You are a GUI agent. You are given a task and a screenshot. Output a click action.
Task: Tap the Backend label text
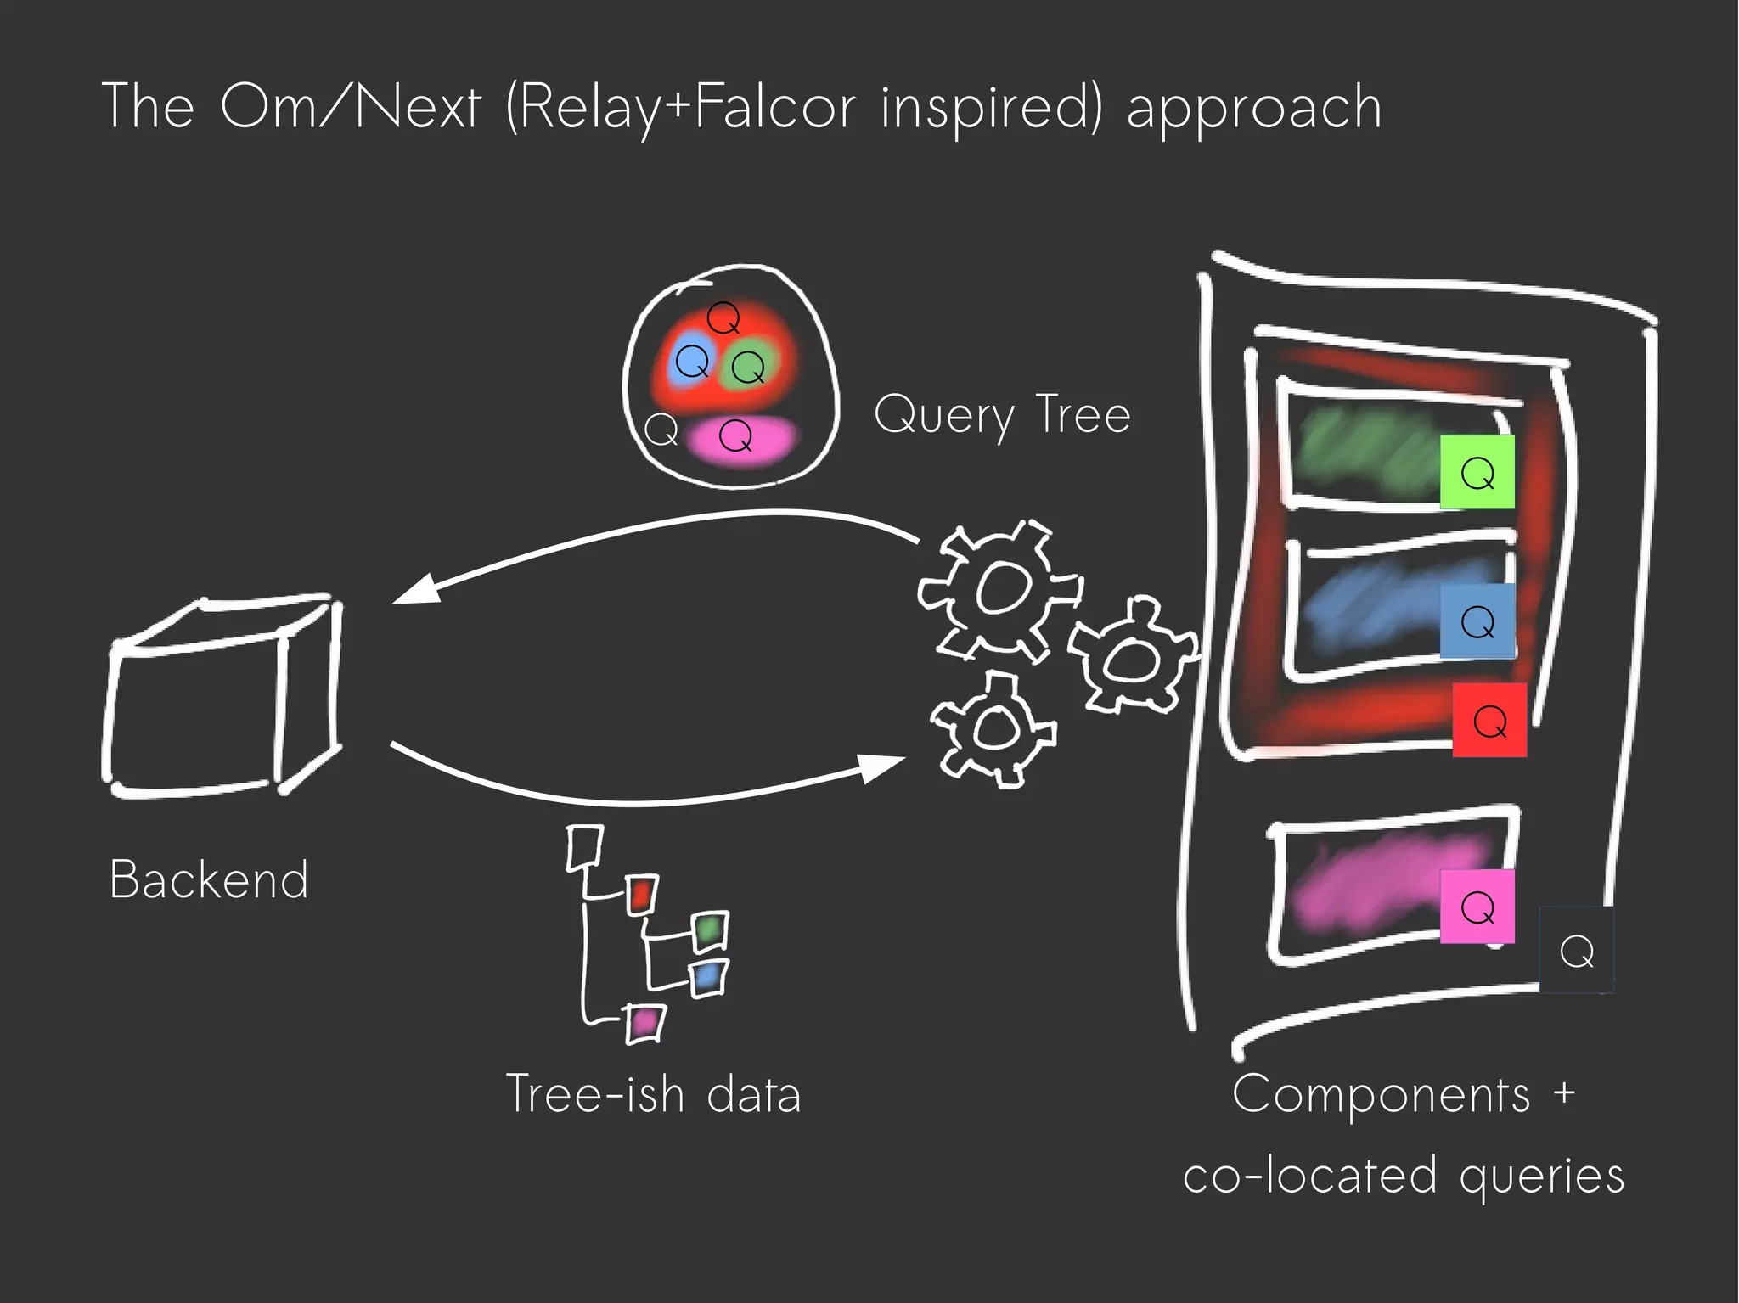coord(209,879)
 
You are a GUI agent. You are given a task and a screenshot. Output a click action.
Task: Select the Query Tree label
coord(1002,415)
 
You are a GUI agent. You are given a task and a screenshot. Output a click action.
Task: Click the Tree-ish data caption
coord(653,1093)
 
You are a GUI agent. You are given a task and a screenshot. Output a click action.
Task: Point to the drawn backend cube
coord(222,696)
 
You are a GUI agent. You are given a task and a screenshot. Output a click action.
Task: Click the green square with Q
coord(1477,472)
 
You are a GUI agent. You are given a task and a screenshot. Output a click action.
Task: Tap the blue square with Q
coord(1477,621)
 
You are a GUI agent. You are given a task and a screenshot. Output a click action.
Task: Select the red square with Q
coord(1489,721)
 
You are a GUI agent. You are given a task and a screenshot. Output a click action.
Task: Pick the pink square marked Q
coord(1477,907)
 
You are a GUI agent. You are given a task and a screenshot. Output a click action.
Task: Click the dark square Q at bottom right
coord(1577,951)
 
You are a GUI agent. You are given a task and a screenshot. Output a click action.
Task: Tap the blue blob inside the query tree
coord(691,362)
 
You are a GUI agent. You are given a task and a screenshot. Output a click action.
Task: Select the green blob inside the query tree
coord(748,367)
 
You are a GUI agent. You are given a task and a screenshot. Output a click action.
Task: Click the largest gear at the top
coord(1000,588)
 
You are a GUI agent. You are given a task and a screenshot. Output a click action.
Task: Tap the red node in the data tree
coord(641,895)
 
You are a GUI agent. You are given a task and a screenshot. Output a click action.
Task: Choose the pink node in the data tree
coord(644,1021)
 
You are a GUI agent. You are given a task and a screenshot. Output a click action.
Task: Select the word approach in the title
coord(1254,108)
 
